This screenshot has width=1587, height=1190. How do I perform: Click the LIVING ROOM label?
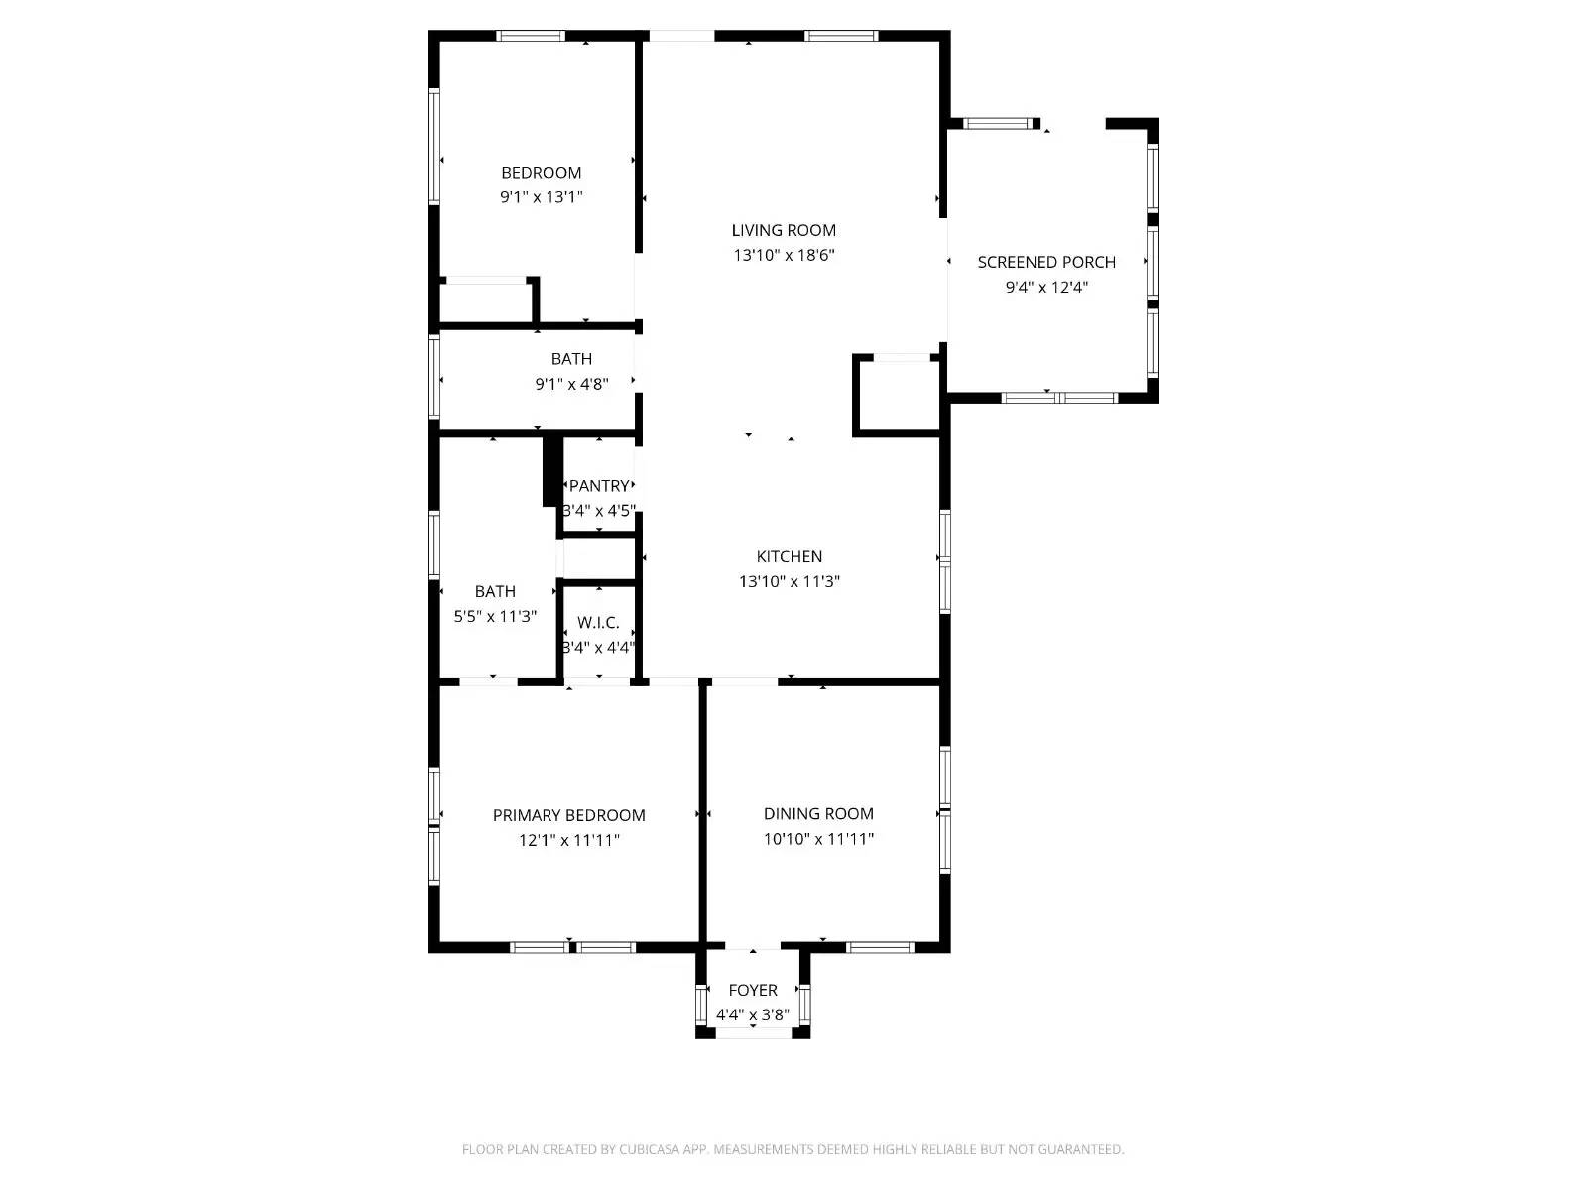[x=784, y=230]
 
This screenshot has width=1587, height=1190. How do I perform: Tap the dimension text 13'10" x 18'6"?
[x=784, y=255]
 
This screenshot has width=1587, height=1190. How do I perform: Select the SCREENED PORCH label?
[x=1046, y=262]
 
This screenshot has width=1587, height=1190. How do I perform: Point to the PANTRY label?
[x=599, y=486]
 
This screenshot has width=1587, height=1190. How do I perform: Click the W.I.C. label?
[x=598, y=623]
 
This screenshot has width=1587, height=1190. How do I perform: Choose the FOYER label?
[x=753, y=990]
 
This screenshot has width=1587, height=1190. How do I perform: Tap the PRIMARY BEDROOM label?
[x=568, y=815]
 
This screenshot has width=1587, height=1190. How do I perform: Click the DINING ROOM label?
[x=818, y=813]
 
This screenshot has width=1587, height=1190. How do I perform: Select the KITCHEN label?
[x=789, y=556]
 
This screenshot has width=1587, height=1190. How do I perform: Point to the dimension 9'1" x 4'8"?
[x=571, y=384]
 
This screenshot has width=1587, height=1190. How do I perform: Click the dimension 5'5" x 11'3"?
[x=495, y=616]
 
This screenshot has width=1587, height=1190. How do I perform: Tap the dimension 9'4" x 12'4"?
[x=1046, y=288]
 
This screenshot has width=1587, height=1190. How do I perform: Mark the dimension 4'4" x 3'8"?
[x=753, y=1014]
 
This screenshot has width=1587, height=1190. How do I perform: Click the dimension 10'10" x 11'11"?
[x=818, y=839]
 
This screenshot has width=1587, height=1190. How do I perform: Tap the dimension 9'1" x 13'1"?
[x=541, y=196]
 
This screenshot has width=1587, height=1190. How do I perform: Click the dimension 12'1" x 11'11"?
[x=568, y=840]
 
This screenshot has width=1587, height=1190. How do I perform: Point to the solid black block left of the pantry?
[x=551, y=471]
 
